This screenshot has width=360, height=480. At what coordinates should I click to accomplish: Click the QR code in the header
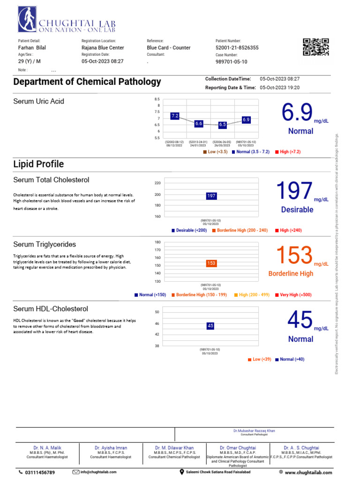click(316, 47)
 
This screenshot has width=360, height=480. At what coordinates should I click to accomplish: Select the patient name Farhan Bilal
click(32, 48)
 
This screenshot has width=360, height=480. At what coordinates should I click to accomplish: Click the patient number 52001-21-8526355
click(237, 48)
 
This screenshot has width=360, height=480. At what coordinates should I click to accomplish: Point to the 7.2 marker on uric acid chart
click(175, 115)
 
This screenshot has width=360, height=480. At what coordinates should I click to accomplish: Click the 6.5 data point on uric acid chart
click(222, 125)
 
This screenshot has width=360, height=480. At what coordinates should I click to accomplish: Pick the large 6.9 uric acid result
click(297, 113)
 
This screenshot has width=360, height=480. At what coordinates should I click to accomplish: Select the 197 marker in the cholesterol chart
click(211, 195)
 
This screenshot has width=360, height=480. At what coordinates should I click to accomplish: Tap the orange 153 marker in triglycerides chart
click(211, 263)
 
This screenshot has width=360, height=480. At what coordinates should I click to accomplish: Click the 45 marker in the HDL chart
click(210, 326)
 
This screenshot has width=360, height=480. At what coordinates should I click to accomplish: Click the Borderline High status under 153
click(291, 274)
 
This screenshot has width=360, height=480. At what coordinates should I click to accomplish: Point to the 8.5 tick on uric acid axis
click(157, 99)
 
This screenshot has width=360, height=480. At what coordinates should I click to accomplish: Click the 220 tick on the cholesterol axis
click(157, 183)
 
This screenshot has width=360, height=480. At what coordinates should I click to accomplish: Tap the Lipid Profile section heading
click(38, 164)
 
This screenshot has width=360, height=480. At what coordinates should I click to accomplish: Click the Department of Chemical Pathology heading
click(87, 82)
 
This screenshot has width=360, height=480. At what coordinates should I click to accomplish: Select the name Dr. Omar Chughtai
click(237, 448)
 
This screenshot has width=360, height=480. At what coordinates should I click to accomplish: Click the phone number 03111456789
click(39, 472)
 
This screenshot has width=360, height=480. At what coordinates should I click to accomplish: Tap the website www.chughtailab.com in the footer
click(308, 472)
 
